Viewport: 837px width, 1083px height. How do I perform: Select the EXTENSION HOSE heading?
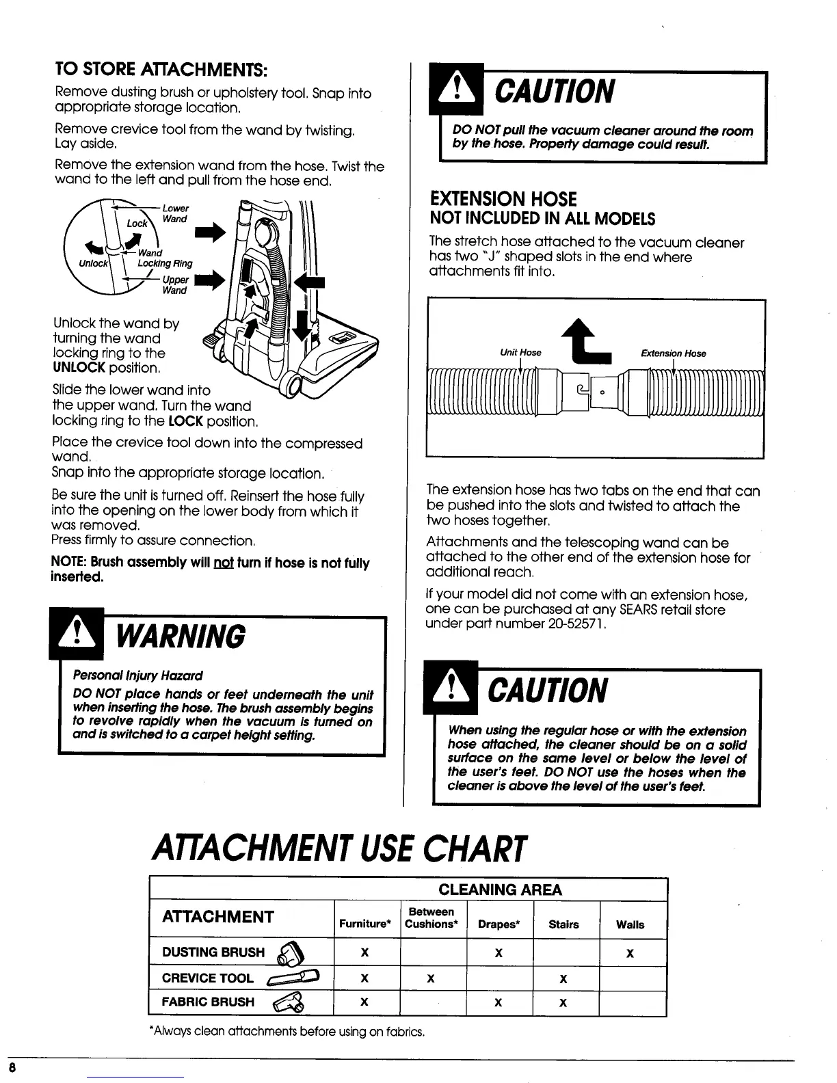pyautogui.click(x=503, y=199)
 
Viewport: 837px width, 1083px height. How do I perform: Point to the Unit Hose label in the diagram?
pyautogui.click(x=520, y=353)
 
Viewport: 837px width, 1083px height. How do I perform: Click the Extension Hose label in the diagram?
pyautogui.click(x=673, y=353)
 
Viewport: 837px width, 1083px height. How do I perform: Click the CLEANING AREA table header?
pyautogui.click(x=500, y=890)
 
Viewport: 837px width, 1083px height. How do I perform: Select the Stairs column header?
pyautogui.click(x=563, y=925)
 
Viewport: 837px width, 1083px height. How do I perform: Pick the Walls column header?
pyautogui.click(x=630, y=925)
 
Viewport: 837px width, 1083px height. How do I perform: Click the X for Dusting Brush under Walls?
pyautogui.click(x=630, y=952)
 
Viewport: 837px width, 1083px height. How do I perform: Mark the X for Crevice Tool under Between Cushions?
pyautogui.click(x=431, y=978)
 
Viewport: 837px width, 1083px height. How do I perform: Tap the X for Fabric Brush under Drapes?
pyautogui.click(x=498, y=1003)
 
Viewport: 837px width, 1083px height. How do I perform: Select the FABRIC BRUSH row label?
pyautogui.click(x=208, y=1002)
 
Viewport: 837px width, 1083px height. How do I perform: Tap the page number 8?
pyautogui.click(x=13, y=1067)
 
